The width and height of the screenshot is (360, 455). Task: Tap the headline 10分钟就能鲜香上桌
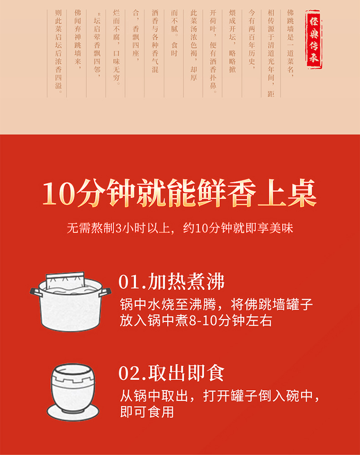(180, 193)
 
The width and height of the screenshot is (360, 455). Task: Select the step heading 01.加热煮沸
(171, 281)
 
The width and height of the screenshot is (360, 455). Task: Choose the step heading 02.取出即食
(171, 373)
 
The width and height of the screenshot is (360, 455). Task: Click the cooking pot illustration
(71, 301)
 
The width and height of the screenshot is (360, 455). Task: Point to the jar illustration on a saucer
(72, 392)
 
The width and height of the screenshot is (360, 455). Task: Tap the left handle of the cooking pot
(36, 292)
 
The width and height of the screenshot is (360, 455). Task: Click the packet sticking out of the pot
(66, 280)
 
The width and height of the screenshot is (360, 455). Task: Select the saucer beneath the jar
(73, 412)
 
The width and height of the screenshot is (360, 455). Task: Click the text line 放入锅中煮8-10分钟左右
(196, 321)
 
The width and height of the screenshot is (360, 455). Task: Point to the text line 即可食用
(147, 412)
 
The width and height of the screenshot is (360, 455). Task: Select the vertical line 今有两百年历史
(252, 40)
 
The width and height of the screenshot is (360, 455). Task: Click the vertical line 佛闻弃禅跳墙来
(78, 40)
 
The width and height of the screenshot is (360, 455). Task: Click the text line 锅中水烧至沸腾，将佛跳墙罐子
(216, 305)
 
